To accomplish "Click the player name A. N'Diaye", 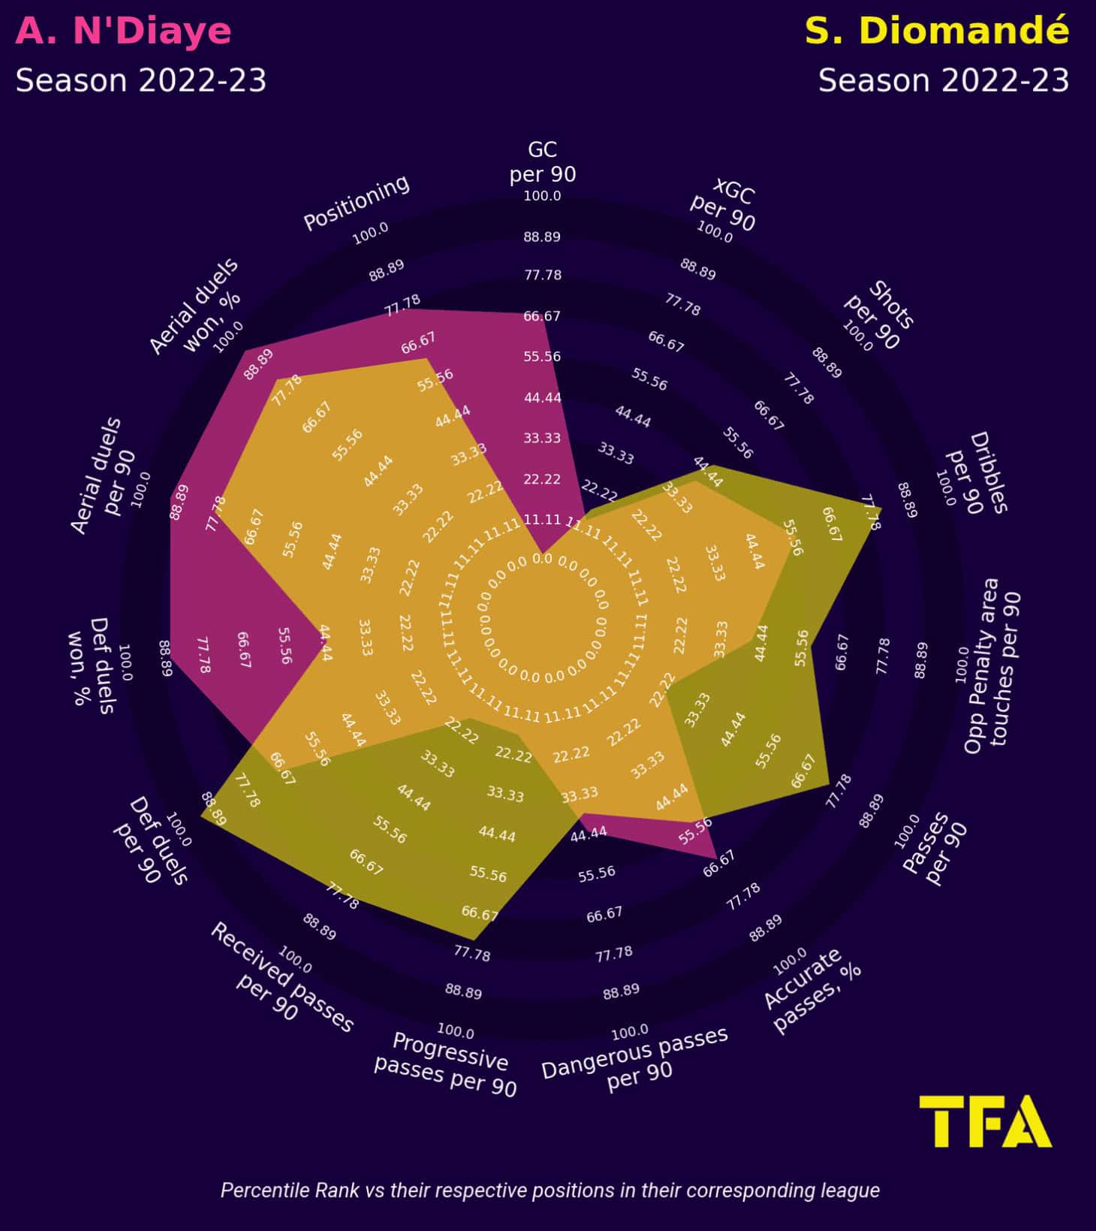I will [123, 32].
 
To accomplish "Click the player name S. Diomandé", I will [936, 32].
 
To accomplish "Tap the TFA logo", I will [985, 1121].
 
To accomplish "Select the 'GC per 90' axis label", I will [542, 161].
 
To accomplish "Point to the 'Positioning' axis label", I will [357, 203].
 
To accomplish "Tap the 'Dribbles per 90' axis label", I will [977, 473].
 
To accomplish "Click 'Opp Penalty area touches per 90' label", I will [992, 665].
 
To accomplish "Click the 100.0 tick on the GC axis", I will [542, 196].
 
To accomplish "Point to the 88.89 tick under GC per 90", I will [542, 237].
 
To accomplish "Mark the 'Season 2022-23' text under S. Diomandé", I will [943, 80].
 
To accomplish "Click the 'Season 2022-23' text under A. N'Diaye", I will [141, 80].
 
